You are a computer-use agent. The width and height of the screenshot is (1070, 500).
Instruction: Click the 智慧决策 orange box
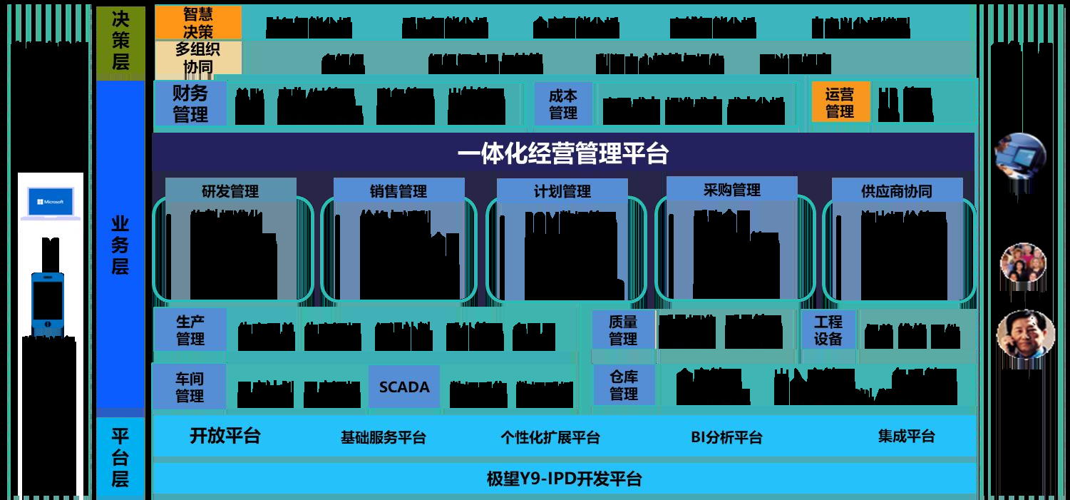[198, 23]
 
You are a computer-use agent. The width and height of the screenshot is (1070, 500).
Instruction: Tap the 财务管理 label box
[190, 103]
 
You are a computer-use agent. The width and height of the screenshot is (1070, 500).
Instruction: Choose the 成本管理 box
[563, 104]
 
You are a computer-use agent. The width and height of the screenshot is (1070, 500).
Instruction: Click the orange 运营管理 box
[840, 103]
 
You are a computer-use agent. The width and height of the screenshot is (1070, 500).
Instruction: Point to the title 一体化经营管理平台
[562, 154]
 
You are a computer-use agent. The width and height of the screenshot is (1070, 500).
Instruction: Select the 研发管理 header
[230, 191]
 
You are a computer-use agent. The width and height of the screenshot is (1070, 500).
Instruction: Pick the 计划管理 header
[562, 191]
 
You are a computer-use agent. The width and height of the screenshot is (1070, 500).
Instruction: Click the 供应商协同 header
[896, 191]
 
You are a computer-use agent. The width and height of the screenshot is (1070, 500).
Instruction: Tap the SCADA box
[404, 387]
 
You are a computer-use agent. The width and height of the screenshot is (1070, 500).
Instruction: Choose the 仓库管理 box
[624, 386]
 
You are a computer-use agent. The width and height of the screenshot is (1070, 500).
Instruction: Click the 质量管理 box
[623, 330]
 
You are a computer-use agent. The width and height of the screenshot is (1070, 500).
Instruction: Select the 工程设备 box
[828, 330]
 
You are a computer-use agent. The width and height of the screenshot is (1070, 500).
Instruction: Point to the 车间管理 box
[190, 387]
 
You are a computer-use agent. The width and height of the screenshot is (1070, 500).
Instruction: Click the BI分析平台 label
[726, 437]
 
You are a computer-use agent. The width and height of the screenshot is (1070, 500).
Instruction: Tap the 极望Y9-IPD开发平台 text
[564, 479]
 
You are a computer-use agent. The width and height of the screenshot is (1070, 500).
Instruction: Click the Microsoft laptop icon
[50, 203]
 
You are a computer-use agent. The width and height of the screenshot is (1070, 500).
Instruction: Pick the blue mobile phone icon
[47, 304]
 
